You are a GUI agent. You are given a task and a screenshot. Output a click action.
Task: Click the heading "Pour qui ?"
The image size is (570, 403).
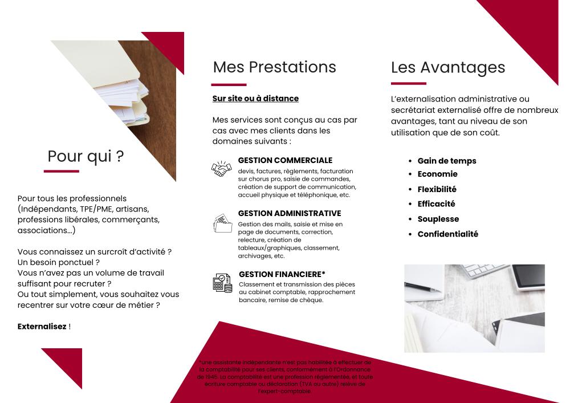[x=85, y=156]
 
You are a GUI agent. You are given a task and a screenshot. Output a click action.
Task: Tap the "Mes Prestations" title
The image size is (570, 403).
[x=274, y=67]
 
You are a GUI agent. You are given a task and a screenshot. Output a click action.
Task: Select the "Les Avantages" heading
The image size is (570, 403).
[x=448, y=67]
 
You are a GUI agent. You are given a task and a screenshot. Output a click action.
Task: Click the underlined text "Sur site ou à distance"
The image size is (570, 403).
[x=255, y=99]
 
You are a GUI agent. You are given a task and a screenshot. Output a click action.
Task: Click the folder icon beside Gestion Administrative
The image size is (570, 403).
[x=222, y=223]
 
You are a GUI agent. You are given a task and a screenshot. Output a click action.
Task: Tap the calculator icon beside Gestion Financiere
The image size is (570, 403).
[x=222, y=283]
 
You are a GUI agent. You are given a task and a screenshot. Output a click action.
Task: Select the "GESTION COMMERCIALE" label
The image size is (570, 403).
[x=285, y=161]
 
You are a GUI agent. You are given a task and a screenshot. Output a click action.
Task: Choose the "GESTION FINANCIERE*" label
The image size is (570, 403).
[x=282, y=274]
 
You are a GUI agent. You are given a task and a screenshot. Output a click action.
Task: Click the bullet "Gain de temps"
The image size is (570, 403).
[x=446, y=161]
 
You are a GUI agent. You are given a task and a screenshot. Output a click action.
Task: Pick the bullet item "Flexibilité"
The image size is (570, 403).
[x=437, y=189]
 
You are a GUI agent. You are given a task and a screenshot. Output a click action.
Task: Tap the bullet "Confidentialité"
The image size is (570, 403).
[x=447, y=234]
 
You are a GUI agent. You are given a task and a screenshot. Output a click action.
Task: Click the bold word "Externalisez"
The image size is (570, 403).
[x=42, y=327]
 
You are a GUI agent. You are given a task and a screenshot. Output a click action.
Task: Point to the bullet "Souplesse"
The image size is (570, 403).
[x=438, y=219]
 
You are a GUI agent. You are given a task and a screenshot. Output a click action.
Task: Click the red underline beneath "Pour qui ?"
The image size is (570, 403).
[x=61, y=171]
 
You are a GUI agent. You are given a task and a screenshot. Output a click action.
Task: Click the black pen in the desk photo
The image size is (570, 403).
[x=422, y=287]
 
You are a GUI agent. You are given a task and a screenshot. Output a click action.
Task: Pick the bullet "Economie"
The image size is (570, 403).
[x=437, y=174]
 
